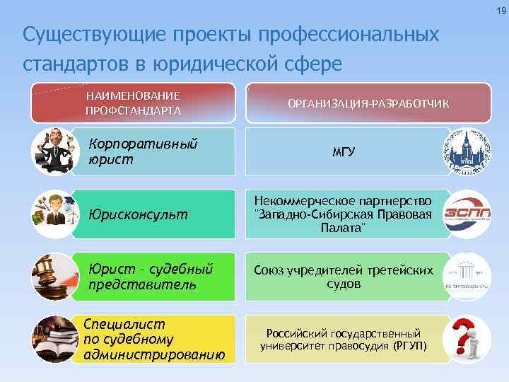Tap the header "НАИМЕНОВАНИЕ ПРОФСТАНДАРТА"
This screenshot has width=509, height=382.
[x=133, y=103]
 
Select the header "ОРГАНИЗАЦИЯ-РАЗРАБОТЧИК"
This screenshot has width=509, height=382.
[x=368, y=104]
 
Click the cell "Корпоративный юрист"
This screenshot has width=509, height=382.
[x=142, y=151]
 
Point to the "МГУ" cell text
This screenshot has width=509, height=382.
[x=344, y=151]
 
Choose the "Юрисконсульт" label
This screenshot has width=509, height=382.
[x=139, y=213]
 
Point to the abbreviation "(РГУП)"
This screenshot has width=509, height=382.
[x=411, y=347]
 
